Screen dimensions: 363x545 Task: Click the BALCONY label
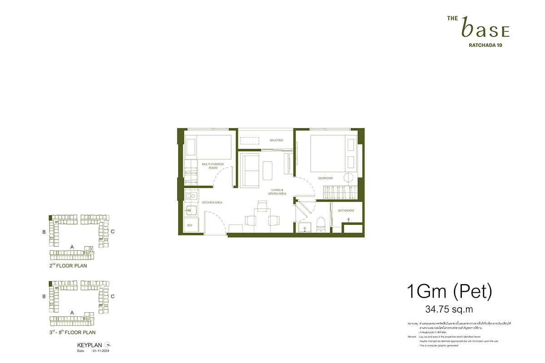coord(276,140)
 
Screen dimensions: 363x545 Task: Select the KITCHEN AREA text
coord(212,202)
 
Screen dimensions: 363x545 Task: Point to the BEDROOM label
coord(325,178)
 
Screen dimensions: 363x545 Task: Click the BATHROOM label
coord(346,211)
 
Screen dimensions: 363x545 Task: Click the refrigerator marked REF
coord(190,225)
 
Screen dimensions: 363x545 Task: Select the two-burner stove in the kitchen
coord(191,196)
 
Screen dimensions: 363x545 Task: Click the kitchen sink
coord(191,210)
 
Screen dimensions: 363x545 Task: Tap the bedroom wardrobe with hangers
coord(338,192)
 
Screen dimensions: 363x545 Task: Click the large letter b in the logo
coord(466,28)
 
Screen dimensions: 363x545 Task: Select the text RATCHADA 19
coord(485,45)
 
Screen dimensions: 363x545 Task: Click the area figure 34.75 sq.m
coord(443,310)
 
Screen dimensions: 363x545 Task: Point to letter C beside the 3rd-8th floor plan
coord(112,297)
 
